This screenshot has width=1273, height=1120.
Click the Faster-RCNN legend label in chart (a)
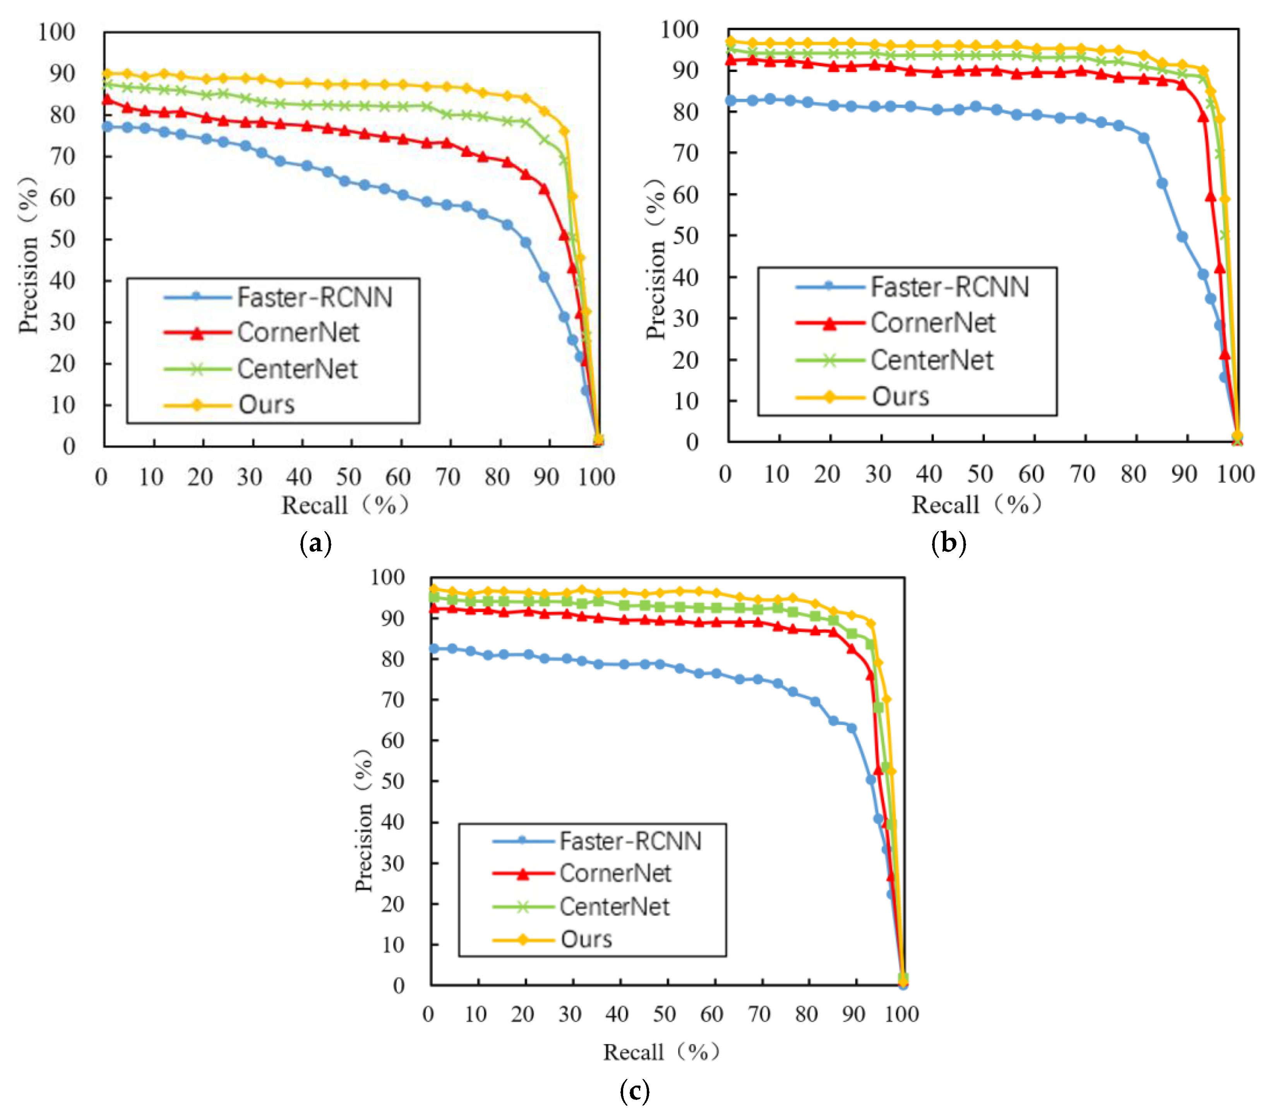(x=315, y=298)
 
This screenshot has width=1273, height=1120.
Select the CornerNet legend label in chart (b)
(x=932, y=323)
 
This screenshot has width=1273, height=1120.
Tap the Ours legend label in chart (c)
(x=586, y=939)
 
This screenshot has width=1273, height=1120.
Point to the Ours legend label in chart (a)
(x=266, y=405)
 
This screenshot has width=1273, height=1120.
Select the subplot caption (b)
(x=948, y=543)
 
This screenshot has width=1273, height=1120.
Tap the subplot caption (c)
(x=635, y=1091)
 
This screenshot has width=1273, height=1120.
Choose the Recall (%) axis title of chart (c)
(x=661, y=1052)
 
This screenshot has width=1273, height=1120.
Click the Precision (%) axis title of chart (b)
(x=656, y=258)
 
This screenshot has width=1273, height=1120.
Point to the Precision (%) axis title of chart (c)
(x=364, y=821)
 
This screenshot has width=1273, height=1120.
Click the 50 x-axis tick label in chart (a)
(x=349, y=477)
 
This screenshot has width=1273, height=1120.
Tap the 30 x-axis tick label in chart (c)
(x=570, y=1014)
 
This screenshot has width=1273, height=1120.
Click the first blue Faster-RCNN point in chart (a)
(x=107, y=127)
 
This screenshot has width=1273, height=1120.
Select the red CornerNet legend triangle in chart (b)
(x=829, y=323)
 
